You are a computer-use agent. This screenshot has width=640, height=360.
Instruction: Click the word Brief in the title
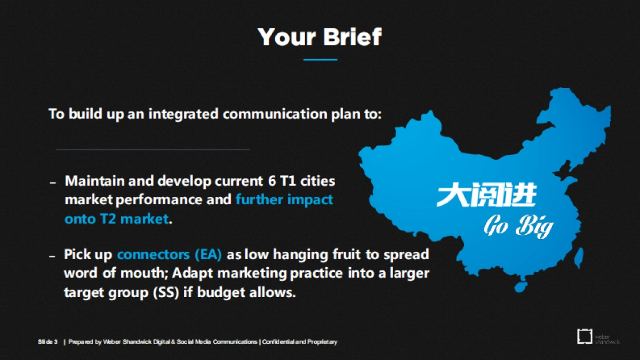[353, 37]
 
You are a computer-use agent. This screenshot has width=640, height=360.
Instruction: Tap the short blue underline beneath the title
[321, 60]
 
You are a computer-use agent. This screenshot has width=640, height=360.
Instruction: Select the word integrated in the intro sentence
[183, 114]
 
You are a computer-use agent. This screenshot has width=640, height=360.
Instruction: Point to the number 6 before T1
[271, 181]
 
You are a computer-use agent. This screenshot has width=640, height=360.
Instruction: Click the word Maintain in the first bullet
[94, 181]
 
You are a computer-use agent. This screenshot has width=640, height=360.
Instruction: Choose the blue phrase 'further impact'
[284, 199]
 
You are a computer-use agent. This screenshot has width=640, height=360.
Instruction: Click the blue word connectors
[153, 254]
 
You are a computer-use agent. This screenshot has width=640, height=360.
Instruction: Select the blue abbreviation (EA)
[208, 254]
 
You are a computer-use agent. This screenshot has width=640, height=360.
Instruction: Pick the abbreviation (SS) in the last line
[166, 292]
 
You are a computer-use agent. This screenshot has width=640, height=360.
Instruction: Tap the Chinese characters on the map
[486, 195]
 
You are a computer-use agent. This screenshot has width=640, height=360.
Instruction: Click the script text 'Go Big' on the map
[518, 226]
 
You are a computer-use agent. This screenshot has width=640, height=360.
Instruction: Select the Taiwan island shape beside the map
[579, 258]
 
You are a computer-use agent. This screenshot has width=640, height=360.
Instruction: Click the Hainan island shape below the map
[521, 286]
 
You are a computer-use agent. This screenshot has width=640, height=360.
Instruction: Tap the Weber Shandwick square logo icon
[585, 337]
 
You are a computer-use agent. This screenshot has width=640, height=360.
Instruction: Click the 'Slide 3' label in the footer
[47, 342]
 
